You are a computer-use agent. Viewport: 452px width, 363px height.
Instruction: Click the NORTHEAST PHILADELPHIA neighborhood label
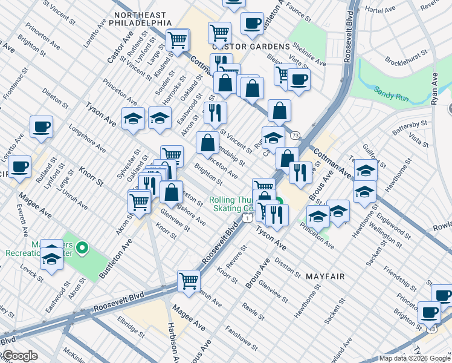(x=143, y=18)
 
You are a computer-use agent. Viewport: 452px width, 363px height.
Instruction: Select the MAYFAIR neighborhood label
(x=324, y=276)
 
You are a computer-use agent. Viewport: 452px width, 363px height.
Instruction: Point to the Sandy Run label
(x=391, y=91)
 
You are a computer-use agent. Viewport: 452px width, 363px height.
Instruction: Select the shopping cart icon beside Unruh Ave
(x=189, y=281)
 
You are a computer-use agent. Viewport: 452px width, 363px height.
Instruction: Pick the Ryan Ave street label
(x=434, y=89)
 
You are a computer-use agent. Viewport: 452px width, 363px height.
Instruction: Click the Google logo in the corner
(x=19, y=356)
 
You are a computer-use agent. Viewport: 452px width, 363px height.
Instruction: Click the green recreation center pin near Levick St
(x=84, y=247)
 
